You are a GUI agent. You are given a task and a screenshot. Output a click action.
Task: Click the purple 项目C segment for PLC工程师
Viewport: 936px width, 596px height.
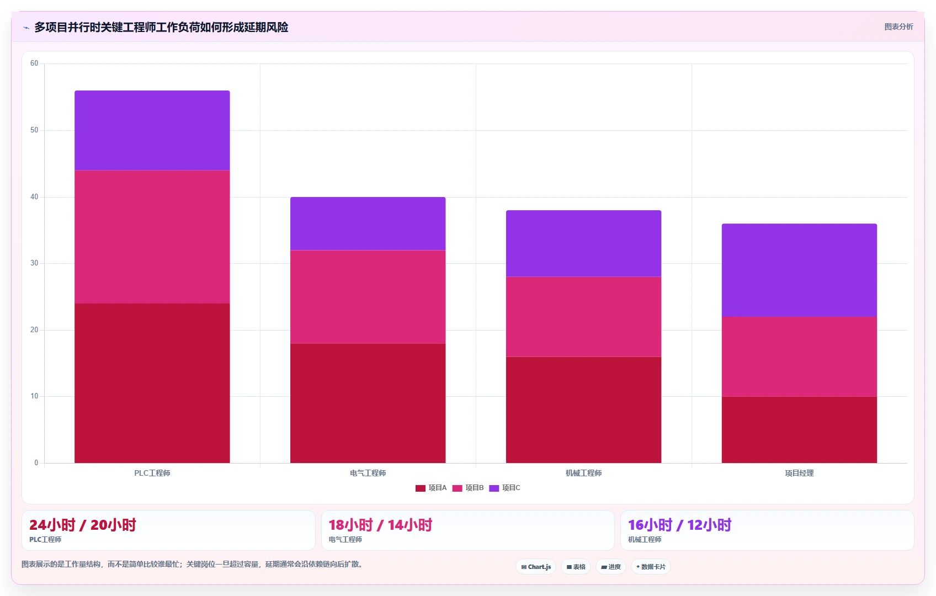(x=152, y=130)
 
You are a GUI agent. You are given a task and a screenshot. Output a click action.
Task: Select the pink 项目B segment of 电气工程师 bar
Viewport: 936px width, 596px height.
(x=368, y=297)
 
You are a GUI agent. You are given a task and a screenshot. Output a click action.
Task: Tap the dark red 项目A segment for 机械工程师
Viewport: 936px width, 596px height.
(x=583, y=409)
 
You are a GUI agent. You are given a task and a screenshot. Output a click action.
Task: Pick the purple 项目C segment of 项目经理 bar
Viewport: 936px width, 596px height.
(x=799, y=270)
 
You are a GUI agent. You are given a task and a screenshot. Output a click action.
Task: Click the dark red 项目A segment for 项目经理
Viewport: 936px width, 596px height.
(x=799, y=430)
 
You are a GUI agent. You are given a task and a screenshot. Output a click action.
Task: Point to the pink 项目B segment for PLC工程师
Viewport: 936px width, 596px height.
(x=152, y=237)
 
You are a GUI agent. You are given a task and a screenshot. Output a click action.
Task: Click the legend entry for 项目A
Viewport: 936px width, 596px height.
(x=431, y=488)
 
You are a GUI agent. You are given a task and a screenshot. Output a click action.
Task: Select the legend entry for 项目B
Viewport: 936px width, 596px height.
(x=468, y=488)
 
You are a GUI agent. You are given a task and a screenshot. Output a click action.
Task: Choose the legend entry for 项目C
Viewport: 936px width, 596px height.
(x=505, y=488)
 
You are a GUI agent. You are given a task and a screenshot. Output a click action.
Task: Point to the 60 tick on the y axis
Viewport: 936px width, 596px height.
(x=34, y=63)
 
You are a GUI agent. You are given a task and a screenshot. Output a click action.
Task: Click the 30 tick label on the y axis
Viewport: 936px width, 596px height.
(x=34, y=263)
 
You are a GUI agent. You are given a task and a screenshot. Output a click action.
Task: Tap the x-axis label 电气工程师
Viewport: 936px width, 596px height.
(x=368, y=473)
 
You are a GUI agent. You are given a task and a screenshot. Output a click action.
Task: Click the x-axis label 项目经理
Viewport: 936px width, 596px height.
(x=799, y=473)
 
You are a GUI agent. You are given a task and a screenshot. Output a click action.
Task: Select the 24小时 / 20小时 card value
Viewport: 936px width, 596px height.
(x=83, y=525)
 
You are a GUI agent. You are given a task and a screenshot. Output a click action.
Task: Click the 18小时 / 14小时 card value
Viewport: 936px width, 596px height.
(x=380, y=525)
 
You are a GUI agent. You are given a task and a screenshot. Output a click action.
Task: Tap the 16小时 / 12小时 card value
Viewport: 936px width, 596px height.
(x=680, y=525)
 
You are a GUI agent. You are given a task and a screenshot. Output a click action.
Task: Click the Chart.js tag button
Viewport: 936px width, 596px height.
(x=536, y=567)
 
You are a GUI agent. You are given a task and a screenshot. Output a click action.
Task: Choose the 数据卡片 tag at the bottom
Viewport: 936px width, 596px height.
(x=651, y=567)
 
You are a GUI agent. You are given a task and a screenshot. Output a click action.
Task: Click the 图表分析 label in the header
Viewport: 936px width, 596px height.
(x=899, y=26)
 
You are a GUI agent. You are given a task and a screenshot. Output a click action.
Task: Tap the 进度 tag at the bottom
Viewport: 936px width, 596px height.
(x=611, y=567)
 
